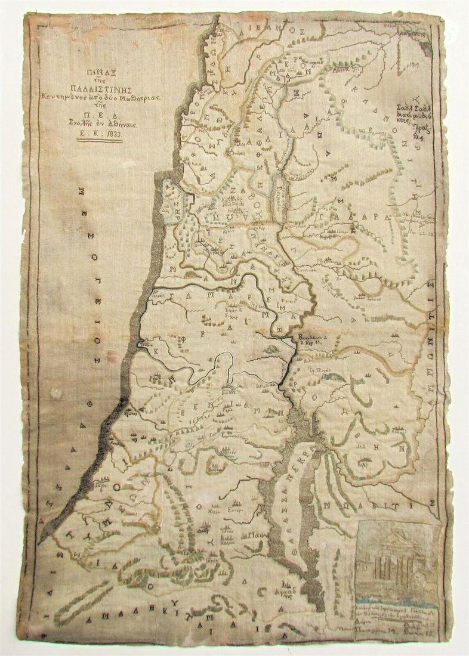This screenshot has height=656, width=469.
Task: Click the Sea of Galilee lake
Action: tap(279, 192)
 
